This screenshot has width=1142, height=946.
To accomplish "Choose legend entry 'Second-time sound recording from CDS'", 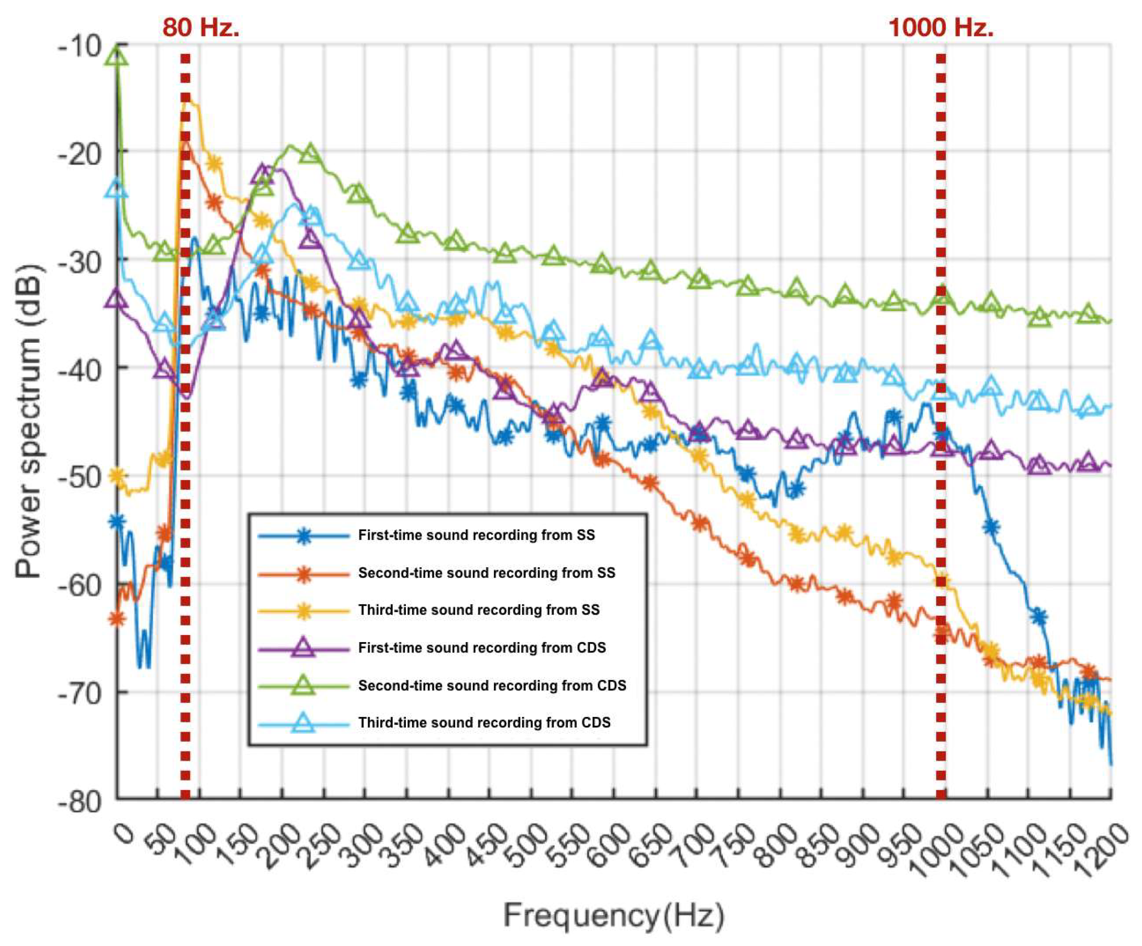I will point(492,685).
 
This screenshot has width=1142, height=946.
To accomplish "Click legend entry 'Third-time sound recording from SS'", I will point(479,610).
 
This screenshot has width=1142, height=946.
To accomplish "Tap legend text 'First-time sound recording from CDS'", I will point(482,647).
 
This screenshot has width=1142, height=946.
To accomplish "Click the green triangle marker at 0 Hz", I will point(117,55).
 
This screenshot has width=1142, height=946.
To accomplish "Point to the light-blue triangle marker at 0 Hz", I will point(117,189).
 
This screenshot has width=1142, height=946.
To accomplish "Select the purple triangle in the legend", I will point(304,648).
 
